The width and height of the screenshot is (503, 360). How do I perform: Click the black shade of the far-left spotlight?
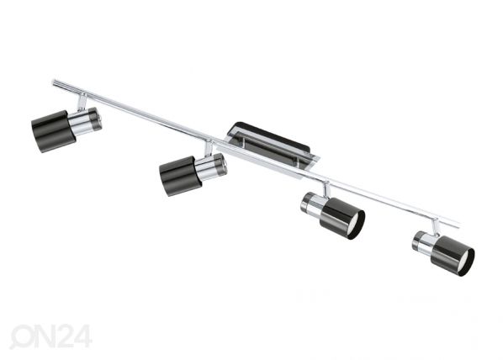click(54, 131)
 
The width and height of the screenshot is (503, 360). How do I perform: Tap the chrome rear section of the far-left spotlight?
click(86, 121)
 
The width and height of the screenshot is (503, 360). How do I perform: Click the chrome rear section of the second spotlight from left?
click(211, 166)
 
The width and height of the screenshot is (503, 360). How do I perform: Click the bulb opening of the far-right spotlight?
click(464, 262)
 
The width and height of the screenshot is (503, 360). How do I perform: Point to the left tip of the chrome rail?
click(53, 82)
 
